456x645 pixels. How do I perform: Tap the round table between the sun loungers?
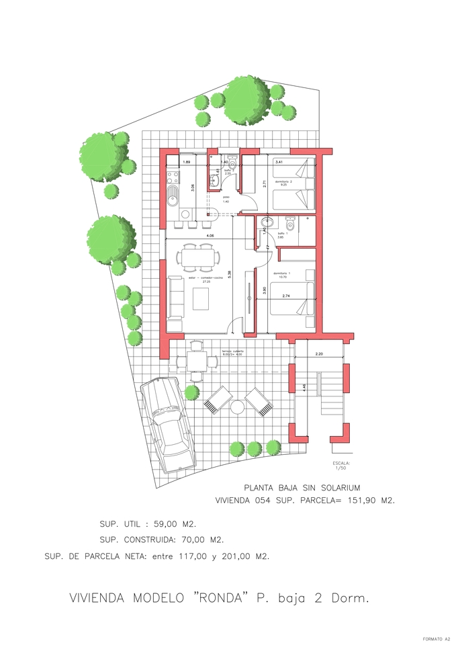point(237,407)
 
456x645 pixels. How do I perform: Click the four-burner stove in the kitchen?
point(172,178)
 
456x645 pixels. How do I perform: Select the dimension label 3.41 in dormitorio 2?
point(279,162)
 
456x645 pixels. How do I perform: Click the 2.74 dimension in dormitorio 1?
point(285,296)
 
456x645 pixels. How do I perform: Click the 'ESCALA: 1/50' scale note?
point(341,466)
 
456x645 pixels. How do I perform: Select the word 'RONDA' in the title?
point(217,598)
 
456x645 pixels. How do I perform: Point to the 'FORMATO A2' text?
point(436,639)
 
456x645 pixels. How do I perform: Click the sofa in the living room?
point(175,298)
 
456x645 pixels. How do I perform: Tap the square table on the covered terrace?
point(196,361)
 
